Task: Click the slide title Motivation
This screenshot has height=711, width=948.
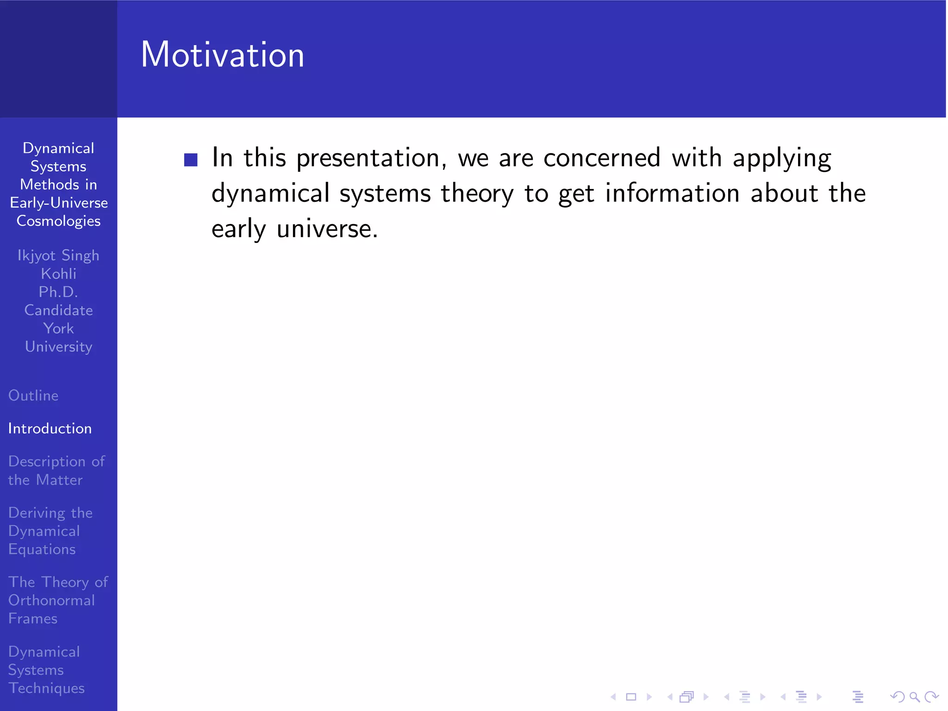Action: point(222,55)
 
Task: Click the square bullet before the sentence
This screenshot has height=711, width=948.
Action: point(191,160)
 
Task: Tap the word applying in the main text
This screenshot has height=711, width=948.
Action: point(782,158)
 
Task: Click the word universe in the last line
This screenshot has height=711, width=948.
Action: point(327,229)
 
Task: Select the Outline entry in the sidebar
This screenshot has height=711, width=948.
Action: point(33,396)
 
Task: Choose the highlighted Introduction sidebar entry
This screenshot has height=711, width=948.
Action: point(50,429)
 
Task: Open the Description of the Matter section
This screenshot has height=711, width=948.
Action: point(56,470)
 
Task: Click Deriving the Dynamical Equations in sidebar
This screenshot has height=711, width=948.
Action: point(50,531)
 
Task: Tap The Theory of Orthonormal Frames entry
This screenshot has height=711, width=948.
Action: point(58,600)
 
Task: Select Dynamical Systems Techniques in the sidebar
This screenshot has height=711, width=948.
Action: point(46,670)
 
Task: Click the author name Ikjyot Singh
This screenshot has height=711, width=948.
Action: point(58,256)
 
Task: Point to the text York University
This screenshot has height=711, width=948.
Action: point(58,338)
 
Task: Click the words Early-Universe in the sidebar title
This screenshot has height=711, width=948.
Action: point(59,203)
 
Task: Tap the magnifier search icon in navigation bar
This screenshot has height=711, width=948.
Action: point(914,697)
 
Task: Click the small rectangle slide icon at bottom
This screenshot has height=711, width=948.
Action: point(631,697)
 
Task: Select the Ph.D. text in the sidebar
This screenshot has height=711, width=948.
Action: point(58,292)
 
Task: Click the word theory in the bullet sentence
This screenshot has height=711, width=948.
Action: point(477,193)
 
